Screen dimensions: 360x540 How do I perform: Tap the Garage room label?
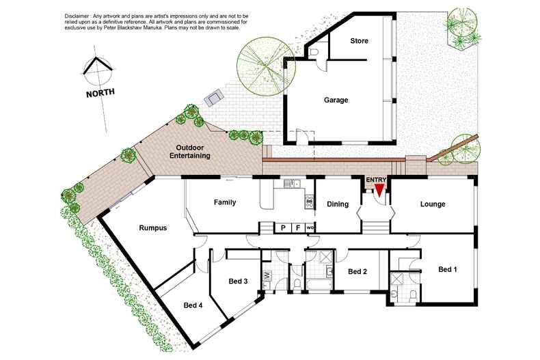[x=336, y=100]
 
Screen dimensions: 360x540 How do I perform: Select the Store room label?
[x=359, y=41]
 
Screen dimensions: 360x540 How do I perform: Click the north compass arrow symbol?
[x=96, y=67]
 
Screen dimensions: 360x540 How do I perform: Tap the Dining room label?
[x=338, y=204]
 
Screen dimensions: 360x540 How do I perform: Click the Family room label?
[x=225, y=202]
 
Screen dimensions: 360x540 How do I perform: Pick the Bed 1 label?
[x=447, y=270]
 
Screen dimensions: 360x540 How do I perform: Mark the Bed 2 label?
[x=358, y=271]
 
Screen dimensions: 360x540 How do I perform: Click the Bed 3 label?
[x=238, y=281]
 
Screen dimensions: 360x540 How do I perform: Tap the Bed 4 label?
[x=192, y=305]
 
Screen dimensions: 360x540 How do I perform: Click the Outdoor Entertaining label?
[x=193, y=152]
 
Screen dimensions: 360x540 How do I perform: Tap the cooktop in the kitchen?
[x=309, y=199]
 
